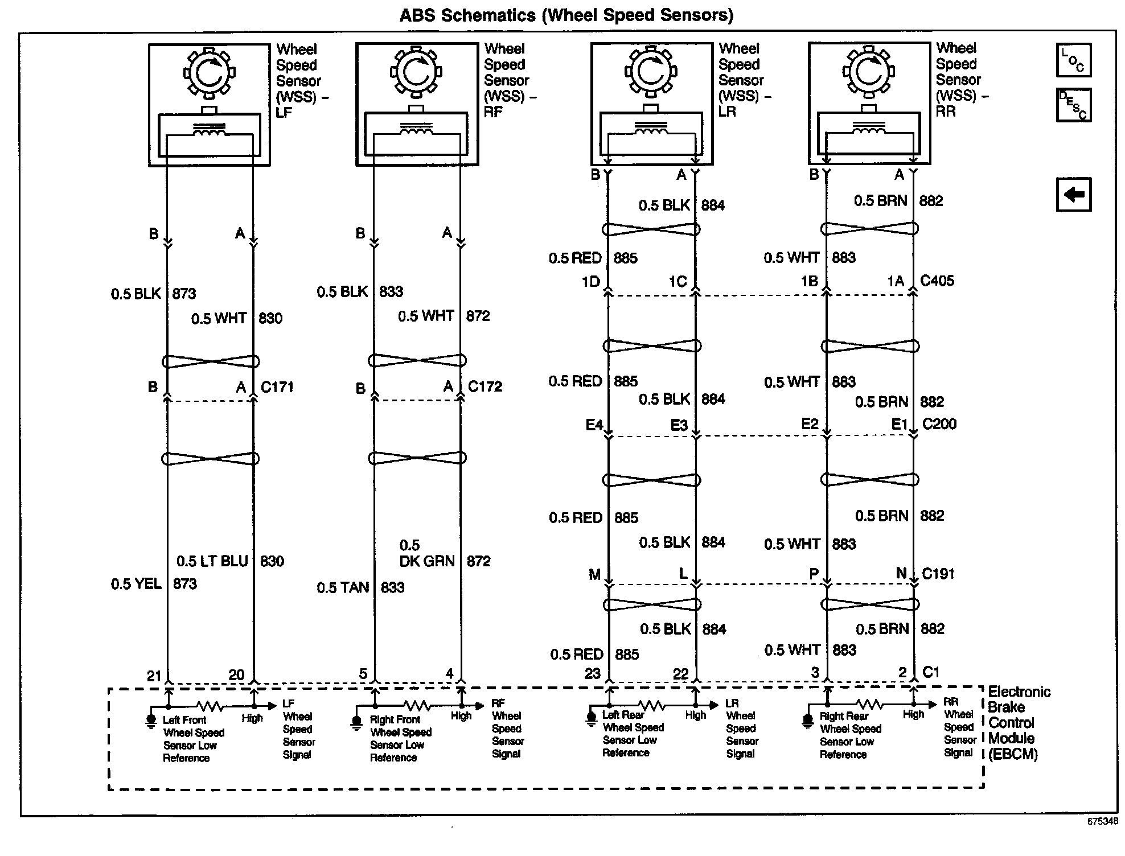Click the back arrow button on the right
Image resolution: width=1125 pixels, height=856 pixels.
[1073, 195]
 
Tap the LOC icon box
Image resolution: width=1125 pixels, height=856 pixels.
[1073, 60]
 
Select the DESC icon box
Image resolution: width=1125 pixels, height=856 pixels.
[1073, 105]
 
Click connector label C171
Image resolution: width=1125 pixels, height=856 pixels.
[277, 387]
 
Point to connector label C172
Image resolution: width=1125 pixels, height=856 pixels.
[485, 386]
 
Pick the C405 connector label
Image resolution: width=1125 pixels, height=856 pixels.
[937, 281]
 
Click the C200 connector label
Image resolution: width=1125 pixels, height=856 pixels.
[939, 424]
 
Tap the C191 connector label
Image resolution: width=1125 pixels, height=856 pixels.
[938, 574]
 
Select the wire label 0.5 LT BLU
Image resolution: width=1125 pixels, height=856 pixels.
[212, 561]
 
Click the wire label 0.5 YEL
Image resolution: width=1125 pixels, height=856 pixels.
[136, 584]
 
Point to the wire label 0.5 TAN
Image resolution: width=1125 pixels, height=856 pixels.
[343, 587]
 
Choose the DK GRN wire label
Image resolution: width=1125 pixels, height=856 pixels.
[426, 561]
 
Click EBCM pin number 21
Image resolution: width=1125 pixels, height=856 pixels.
[154, 676]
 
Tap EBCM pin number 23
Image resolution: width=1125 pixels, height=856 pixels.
[592, 674]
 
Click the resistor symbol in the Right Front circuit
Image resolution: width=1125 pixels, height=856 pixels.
[417, 706]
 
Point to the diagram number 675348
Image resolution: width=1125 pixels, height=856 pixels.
[1102, 821]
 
